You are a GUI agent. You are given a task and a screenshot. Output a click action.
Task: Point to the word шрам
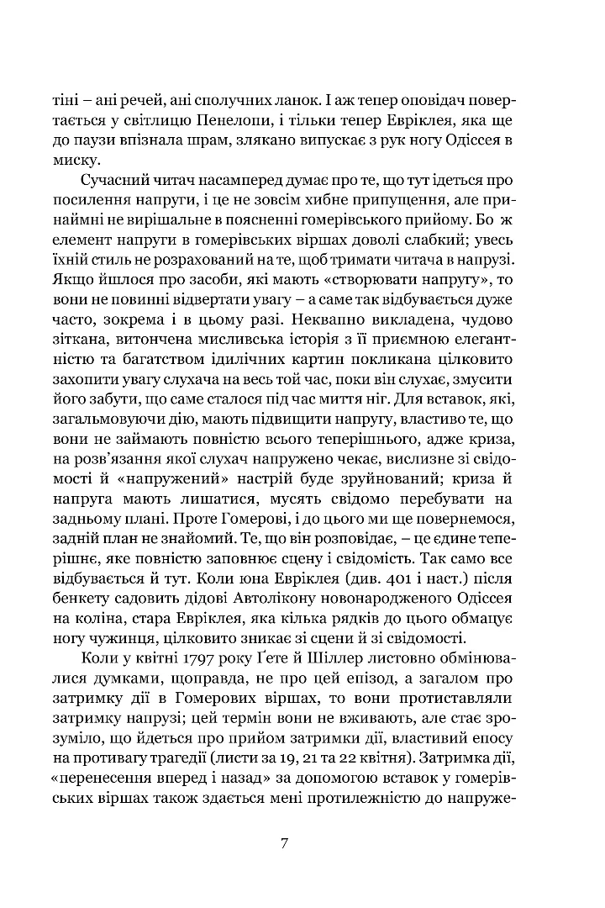coord(216,137)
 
